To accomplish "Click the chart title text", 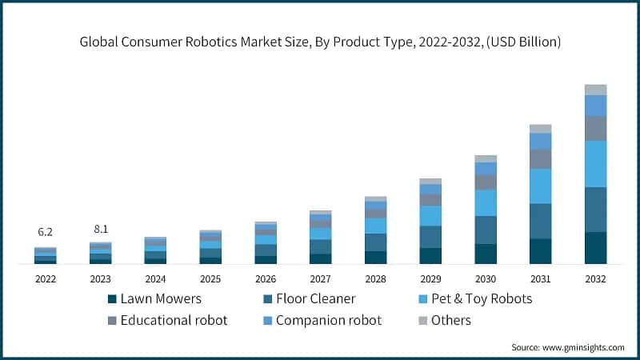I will (320, 42).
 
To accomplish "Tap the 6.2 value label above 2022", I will (46, 232).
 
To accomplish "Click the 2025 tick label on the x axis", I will (210, 279).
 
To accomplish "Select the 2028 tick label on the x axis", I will (375, 279).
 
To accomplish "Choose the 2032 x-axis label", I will (595, 279).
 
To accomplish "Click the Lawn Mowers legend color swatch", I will (112, 299).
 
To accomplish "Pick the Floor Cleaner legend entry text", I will (316, 299).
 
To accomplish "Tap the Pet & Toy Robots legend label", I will (482, 299).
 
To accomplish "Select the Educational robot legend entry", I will (174, 320).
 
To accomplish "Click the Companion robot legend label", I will (328, 320).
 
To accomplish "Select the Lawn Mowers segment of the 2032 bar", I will (595, 248).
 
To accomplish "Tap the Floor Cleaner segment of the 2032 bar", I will (595, 210).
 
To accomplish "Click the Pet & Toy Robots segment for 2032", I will (595, 164).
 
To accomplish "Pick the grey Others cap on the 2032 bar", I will (595, 90).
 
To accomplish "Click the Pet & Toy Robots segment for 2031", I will (541, 186).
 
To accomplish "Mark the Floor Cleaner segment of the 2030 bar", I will (486, 230).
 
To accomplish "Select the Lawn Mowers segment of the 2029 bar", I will (430, 256).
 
